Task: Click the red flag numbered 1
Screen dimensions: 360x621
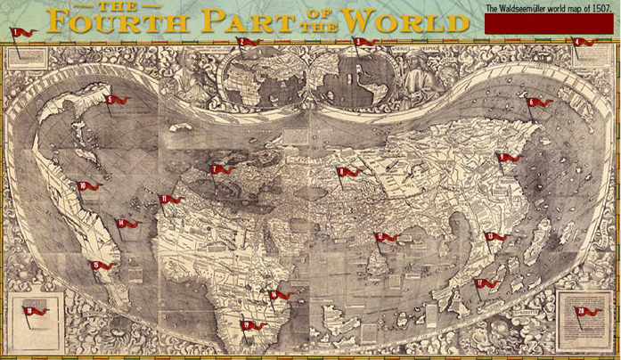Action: pyautogui.click(x=22, y=33)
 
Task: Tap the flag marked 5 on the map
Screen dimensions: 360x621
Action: pyautogui.click(x=116, y=100)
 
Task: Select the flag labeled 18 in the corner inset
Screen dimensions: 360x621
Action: pyautogui.click(x=35, y=310)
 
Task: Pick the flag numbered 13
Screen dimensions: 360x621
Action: pyautogui.click(x=494, y=236)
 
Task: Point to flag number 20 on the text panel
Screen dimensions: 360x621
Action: pyautogui.click(x=587, y=311)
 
